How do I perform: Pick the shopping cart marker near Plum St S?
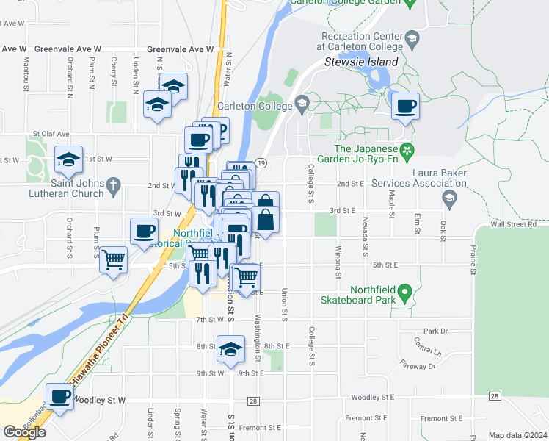[112, 259]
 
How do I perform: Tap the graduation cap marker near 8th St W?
[230, 349]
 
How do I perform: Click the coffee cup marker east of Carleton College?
[405, 107]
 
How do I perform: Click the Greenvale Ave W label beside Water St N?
[180, 49]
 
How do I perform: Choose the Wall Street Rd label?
[514, 224]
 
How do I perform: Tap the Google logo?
[23, 431]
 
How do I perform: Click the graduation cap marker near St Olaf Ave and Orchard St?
[68, 159]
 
